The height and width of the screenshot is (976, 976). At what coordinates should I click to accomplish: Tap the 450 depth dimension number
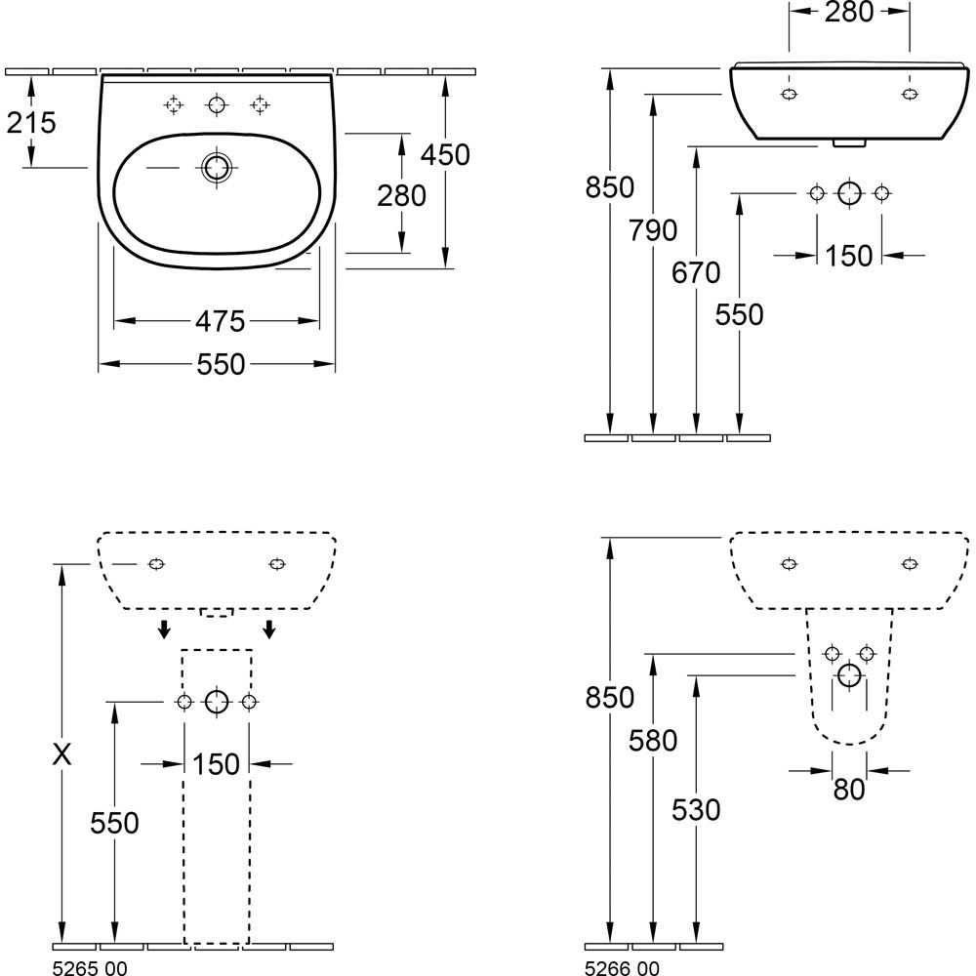click(x=446, y=155)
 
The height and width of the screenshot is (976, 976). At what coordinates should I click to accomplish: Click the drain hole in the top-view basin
click(x=216, y=168)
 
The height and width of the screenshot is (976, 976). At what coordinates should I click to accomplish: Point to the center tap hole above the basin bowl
click(x=216, y=104)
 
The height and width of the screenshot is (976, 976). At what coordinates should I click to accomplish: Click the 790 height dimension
click(x=653, y=231)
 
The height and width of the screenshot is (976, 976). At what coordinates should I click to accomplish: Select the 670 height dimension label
click(x=696, y=273)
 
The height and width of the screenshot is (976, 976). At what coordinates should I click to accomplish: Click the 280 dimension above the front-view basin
click(x=849, y=14)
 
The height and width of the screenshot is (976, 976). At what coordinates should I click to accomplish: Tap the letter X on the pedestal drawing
click(x=62, y=754)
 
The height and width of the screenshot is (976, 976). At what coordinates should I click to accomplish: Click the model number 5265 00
click(x=89, y=967)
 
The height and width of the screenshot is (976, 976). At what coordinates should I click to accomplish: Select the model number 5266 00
click(x=622, y=967)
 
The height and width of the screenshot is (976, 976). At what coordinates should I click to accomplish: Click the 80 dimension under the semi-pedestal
click(x=849, y=789)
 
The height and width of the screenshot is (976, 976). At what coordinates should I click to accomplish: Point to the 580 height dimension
click(x=653, y=742)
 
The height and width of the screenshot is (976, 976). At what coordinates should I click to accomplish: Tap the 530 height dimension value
click(x=696, y=809)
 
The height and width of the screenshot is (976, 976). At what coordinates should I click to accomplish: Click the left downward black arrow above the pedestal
click(x=164, y=629)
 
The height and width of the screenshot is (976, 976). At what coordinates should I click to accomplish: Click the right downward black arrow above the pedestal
click(x=269, y=629)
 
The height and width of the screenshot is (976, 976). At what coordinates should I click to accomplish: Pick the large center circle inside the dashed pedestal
click(x=217, y=702)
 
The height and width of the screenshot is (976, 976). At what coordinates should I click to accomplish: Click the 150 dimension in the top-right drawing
click(x=848, y=256)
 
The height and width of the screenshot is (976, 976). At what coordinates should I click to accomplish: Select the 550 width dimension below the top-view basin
click(x=220, y=364)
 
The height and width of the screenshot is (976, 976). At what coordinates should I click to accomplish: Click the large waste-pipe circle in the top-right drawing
click(x=849, y=192)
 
